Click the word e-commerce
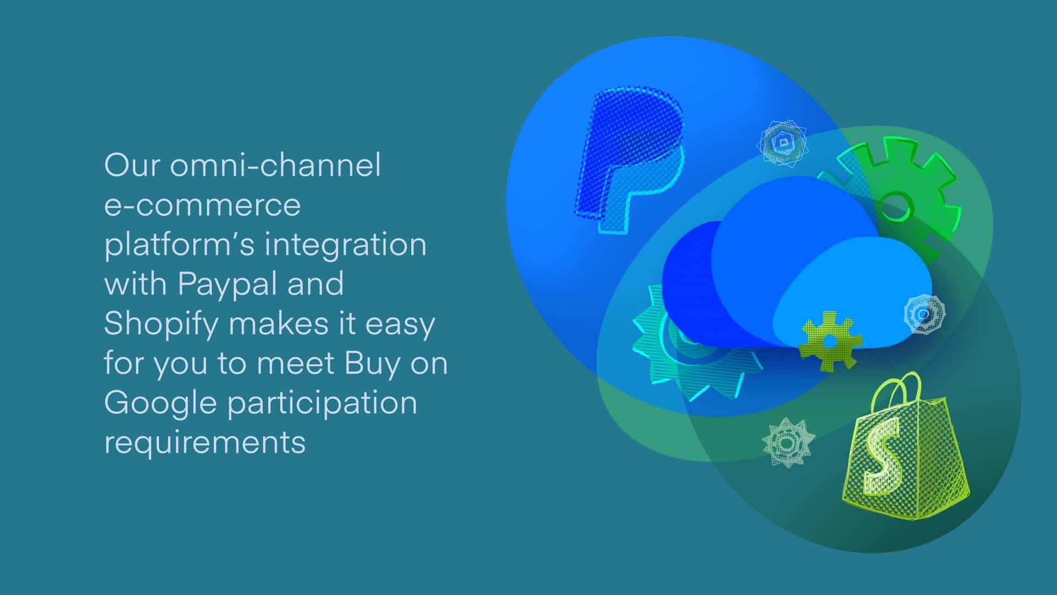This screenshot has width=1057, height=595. pos(202,205)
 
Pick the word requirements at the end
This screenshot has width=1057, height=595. pos(204,442)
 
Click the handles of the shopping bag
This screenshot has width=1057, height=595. pos(897,388)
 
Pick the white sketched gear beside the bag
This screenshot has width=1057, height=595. pos(788,442)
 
